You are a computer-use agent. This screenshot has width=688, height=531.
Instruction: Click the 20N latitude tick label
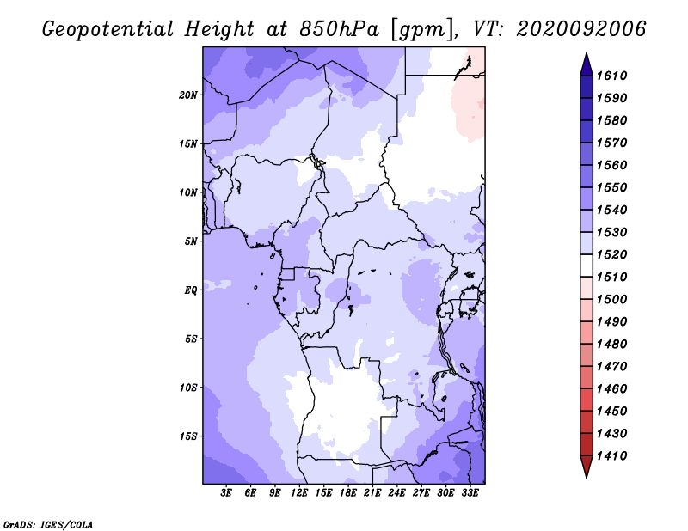tap(188, 95)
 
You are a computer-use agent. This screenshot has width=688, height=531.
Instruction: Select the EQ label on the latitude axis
tap(191, 290)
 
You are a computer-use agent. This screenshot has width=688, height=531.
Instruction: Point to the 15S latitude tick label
tap(188, 436)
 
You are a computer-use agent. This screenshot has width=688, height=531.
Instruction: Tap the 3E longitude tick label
tap(226, 493)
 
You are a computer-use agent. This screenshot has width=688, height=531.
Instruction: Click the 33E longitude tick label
tap(470, 493)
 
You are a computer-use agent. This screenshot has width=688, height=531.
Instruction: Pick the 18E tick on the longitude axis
tap(348, 493)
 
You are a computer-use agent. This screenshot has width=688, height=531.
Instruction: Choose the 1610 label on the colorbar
tap(611, 76)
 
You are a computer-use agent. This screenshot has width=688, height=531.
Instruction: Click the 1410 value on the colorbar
tap(611, 456)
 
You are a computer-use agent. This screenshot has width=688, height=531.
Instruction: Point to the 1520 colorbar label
tap(611, 254)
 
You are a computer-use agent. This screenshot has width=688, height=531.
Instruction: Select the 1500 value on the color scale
tap(611, 300)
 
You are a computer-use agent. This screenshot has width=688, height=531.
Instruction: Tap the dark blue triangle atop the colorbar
tap(587, 66)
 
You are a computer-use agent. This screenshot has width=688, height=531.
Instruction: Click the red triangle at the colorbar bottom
tap(587, 466)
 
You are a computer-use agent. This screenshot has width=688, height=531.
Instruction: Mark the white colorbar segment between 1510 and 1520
tap(587, 265)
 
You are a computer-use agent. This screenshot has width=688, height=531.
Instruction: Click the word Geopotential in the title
tap(108, 30)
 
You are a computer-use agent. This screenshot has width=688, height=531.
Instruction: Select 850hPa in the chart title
tap(340, 29)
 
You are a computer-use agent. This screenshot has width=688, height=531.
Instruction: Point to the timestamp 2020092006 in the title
tap(581, 29)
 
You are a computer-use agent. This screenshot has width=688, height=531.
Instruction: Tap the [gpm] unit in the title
tap(421, 30)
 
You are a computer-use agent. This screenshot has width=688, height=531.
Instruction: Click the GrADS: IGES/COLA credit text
tap(48, 525)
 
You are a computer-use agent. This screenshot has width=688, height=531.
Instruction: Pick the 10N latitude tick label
tap(188, 192)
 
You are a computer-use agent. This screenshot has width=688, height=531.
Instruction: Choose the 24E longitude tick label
tap(396, 493)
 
